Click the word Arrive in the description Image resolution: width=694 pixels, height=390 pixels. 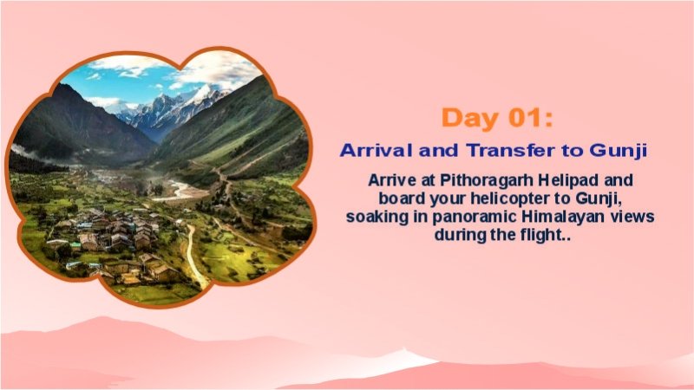coord(390,181)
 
